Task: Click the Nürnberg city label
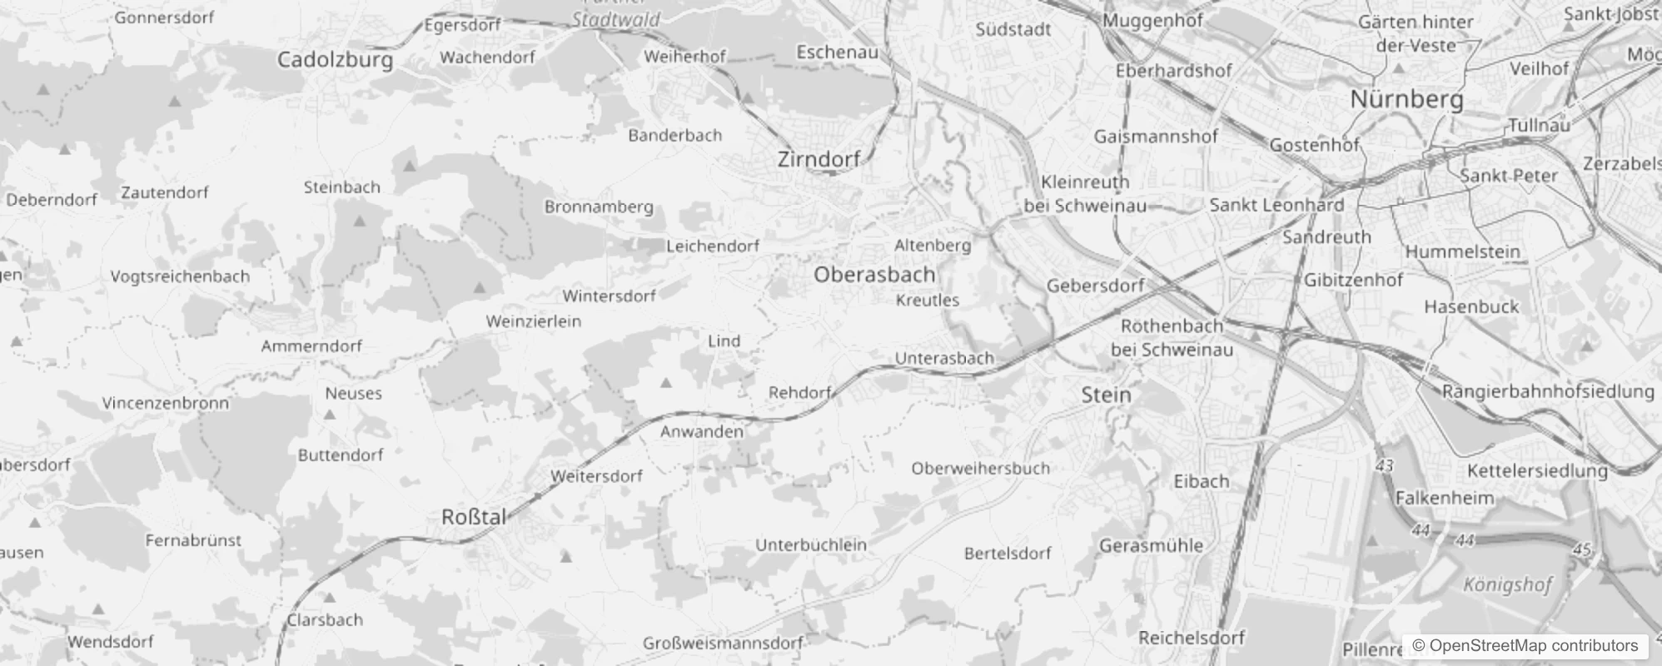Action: coord(1406,99)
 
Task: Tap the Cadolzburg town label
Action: coord(335,60)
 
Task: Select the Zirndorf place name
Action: coord(819,159)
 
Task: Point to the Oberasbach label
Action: coord(874,274)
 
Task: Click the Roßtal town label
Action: coord(474,517)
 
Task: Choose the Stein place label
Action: coord(1106,395)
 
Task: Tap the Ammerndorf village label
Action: coord(311,345)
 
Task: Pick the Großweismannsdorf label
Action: coord(723,643)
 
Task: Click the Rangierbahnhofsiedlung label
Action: coord(1548,391)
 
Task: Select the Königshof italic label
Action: coord(1507,584)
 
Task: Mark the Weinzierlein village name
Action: coord(534,321)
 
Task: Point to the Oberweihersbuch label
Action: coord(980,468)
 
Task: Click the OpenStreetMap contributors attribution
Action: coord(1525,645)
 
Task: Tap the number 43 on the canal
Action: coord(1385,466)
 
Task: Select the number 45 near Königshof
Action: coord(1583,549)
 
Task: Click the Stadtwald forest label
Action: coord(616,19)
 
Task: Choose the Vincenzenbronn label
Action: coord(165,403)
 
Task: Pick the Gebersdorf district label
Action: coord(1095,286)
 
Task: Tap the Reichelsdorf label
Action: coord(1191,638)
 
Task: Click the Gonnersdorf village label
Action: coord(164,17)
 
